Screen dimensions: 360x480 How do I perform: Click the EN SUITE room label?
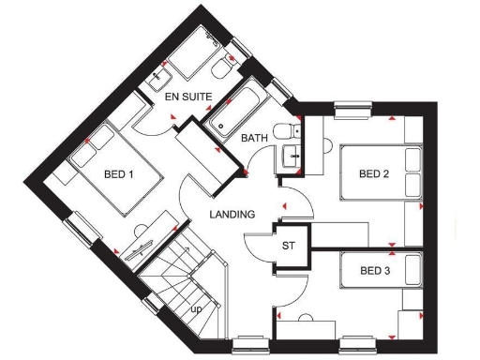point(188,97)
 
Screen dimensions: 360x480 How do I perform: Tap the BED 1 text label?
point(119,174)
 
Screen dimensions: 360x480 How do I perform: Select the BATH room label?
point(254,139)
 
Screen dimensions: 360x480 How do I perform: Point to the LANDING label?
point(232,215)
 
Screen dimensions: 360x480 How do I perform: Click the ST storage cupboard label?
point(289,246)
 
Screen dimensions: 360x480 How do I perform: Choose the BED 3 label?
point(375,271)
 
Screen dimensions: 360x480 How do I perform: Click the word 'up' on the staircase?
point(197,307)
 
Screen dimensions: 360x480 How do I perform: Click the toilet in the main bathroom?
point(284,132)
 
